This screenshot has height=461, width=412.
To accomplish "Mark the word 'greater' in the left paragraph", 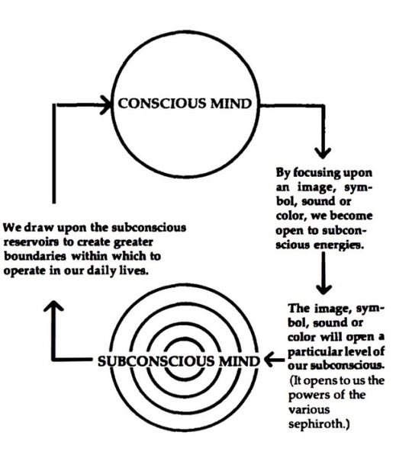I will coord(183,243).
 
